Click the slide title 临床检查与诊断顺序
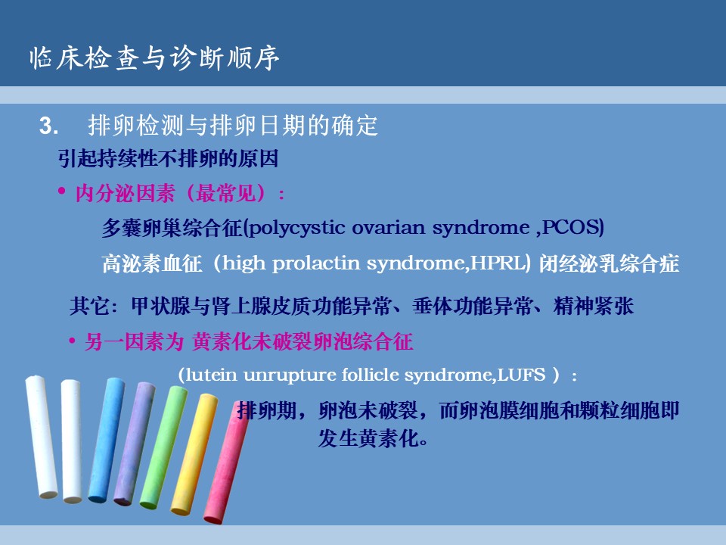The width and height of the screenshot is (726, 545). point(154,58)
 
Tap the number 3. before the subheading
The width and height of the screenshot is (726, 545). point(48,126)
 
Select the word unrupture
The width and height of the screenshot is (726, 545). point(290,375)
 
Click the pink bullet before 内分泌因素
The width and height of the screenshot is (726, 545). point(61,191)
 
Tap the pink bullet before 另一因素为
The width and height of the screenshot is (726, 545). point(72,342)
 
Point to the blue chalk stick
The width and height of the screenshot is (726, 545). point(107,440)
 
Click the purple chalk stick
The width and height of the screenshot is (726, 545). point(135,444)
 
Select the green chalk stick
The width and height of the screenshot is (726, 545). point(163,447)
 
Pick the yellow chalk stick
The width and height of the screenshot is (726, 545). point(194,454)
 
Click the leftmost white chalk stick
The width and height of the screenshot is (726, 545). point(41,437)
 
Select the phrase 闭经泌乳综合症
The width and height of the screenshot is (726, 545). point(609,263)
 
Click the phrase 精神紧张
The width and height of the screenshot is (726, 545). point(593,307)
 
